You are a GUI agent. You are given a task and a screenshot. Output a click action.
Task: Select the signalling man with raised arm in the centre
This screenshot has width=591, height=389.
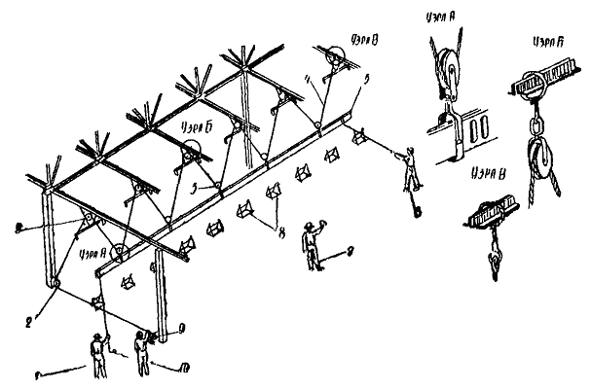313,245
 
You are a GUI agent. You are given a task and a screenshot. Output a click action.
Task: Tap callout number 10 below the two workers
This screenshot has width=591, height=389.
186,368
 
